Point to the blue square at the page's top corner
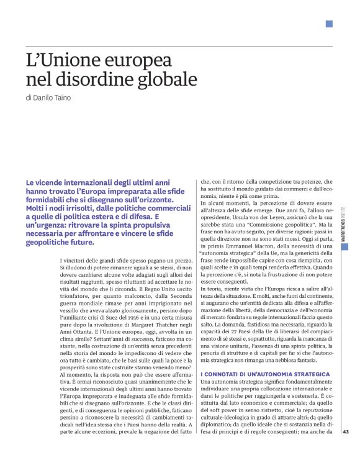329,24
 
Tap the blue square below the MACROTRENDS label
345,246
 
